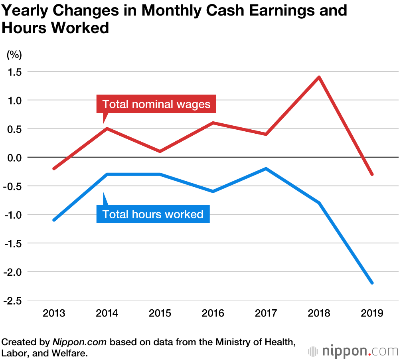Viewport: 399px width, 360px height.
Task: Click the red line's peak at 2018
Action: (x=319, y=77)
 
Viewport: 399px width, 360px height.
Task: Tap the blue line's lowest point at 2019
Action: (x=372, y=283)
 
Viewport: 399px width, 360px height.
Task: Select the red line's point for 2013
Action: (x=54, y=168)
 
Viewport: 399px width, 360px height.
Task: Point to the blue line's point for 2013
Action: (x=54, y=220)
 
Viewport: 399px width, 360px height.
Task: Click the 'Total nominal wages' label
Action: (x=156, y=104)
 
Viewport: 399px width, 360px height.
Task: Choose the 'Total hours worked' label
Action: (x=153, y=214)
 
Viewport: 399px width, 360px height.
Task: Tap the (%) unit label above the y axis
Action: (x=14, y=55)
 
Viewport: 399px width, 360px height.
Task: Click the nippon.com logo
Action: (x=353, y=351)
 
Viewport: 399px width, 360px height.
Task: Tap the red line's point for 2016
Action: (x=213, y=123)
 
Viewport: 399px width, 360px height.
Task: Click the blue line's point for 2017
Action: (x=266, y=168)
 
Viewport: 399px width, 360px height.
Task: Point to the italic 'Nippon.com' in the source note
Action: (x=80, y=342)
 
